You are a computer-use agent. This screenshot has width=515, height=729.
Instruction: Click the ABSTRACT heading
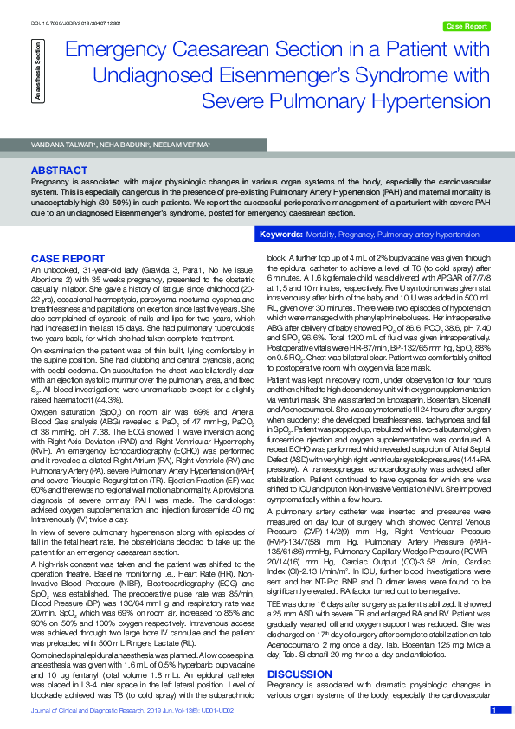pos(58,171)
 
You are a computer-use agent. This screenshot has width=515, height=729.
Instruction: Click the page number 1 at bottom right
pos(493,710)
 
